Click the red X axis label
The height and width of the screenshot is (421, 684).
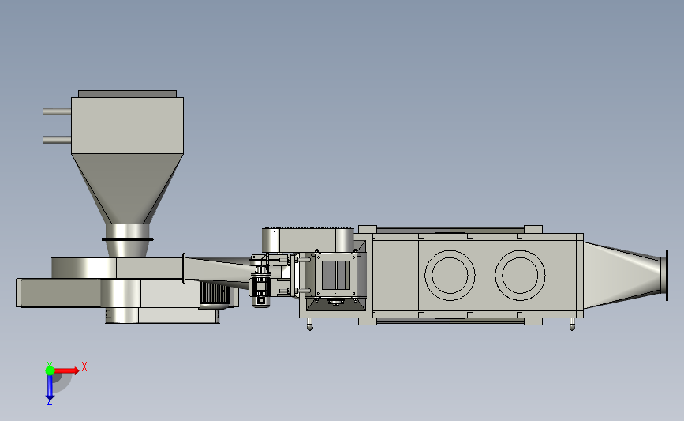84,366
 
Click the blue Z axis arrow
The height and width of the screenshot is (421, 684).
50,387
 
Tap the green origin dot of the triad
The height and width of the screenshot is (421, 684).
50,370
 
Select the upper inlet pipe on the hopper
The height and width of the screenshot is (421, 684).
57,112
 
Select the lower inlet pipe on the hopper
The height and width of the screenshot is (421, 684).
57,140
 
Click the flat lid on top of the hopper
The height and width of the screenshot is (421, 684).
127,94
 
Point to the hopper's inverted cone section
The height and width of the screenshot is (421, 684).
127,189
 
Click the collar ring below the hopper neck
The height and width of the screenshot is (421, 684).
127,239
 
